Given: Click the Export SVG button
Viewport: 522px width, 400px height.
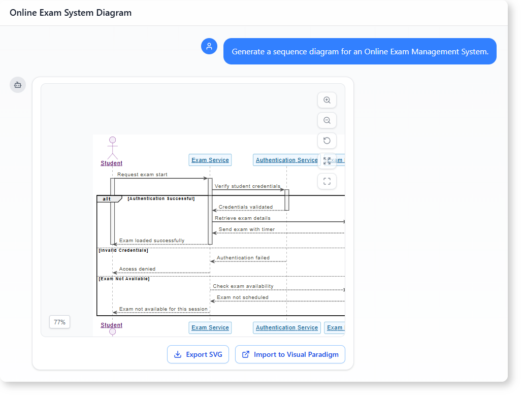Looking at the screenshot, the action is (x=198, y=354).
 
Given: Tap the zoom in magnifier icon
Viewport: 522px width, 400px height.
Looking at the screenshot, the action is (x=327, y=100).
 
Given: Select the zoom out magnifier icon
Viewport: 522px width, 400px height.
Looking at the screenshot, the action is (x=327, y=120).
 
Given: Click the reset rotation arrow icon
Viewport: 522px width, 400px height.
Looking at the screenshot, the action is (x=327, y=141).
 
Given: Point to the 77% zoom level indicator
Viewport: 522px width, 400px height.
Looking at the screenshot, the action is (x=59, y=322).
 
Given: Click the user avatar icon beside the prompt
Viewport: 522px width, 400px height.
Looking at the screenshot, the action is (x=209, y=46).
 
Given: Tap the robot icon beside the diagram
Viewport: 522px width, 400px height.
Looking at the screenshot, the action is (x=18, y=85).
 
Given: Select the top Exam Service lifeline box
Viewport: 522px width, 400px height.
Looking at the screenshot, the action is (x=210, y=160).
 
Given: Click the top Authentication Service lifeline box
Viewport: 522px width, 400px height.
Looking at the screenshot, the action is (x=286, y=160).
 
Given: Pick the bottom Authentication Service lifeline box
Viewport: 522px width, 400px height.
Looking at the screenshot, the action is (x=286, y=327).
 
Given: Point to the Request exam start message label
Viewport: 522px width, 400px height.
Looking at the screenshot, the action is (x=142, y=175).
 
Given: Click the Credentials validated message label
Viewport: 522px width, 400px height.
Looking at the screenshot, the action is (x=246, y=207).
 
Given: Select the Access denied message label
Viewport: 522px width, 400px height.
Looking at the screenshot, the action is (x=137, y=269).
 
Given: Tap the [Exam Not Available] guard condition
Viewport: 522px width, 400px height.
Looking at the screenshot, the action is (x=124, y=279).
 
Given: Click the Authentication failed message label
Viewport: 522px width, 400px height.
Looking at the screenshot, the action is (x=243, y=257).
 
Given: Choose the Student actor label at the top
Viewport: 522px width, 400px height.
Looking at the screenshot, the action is (x=112, y=163).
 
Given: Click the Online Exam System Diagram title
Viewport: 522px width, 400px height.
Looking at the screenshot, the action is (x=71, y=13).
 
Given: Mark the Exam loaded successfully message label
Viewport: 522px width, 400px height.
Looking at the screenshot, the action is (x=152, y=240).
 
